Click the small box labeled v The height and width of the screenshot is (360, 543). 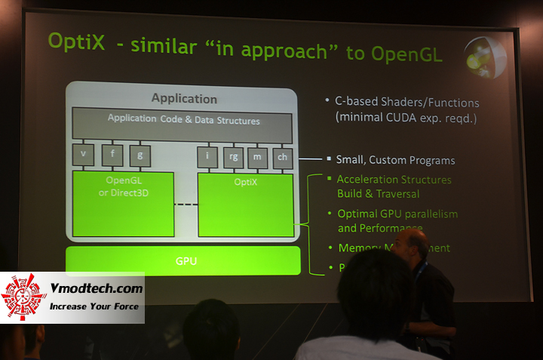click(83, 155)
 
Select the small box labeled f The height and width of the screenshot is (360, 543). click(112, 155)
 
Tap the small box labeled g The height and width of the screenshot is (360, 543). click(140, 155)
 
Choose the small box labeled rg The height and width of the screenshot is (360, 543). click(234, 156)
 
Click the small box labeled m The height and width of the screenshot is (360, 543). click(259, 156)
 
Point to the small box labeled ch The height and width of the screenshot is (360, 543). click(283, 157)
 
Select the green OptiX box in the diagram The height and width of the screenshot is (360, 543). click(245, 205)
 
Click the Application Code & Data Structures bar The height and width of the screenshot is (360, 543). click(183, 122)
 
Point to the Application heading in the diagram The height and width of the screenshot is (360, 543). click(184, 99)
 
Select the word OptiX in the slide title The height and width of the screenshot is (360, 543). click(76, 42)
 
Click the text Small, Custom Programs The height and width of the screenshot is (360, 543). click(395, 160)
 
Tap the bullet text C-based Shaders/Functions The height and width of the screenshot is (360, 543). click(407, 102)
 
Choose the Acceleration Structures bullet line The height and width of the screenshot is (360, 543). click(394, 180)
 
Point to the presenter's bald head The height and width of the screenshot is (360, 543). click(413, 244)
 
